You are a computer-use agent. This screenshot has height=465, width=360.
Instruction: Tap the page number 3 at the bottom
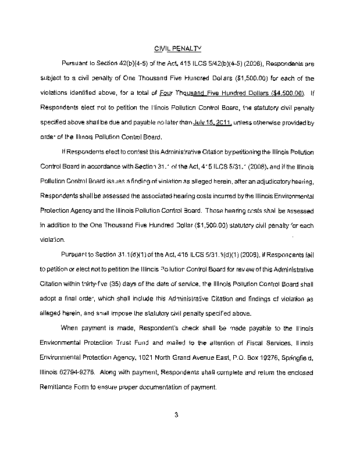(175, 414)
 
